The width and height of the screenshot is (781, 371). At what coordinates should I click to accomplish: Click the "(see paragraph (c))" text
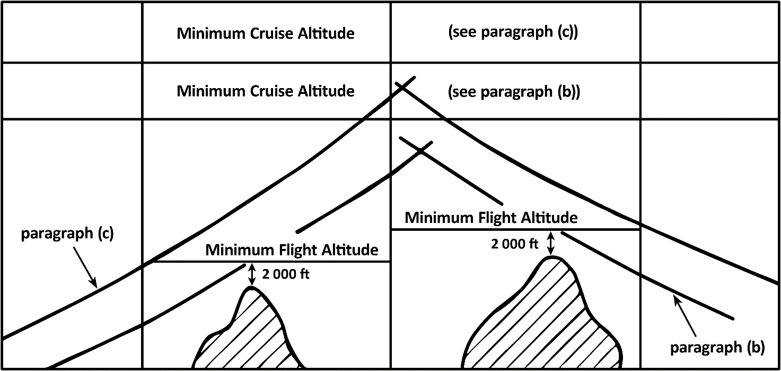(x=513, y=32)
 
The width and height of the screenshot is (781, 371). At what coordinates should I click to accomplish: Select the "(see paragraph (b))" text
(x=514, y=92)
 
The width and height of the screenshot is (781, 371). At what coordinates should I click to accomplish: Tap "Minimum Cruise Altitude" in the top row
(x=266, y=33)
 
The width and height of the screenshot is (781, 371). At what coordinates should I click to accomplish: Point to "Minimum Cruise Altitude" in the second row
(x=266, y=91)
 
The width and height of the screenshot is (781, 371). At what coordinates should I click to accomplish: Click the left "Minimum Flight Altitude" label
(x=292, y=250)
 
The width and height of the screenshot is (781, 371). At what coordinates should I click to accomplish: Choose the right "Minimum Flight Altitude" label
(x=492, y=218)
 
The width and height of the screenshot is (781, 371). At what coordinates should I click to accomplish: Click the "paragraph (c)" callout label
(x=67, y=234)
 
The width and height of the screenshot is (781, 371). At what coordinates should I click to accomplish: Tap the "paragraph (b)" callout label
(x=717, y=348)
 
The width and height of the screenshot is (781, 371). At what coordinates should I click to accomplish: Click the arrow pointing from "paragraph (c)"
(x=85, y=268)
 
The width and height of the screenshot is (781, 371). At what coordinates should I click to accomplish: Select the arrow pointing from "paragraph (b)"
(x=685, y=316)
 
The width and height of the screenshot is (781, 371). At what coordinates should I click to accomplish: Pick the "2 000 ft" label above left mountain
(x=286, y=274)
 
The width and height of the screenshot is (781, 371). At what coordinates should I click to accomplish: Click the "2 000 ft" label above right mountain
(x=515, y=244)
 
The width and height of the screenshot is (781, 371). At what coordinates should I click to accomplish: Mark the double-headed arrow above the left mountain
(x=252, y=274)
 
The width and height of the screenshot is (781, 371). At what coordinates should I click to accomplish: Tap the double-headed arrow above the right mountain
(x=550, y=244)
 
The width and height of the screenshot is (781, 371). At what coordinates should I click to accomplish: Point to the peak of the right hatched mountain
(x=551, y=257)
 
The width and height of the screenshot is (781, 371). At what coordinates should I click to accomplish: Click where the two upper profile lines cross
(x=402, y=87)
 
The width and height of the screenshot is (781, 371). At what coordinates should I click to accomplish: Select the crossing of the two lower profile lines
(x=421, y=151)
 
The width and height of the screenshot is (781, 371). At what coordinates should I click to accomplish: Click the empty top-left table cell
(x=72, y=32)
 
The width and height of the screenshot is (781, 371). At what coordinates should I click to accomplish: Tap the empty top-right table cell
(x=709, y=32)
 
